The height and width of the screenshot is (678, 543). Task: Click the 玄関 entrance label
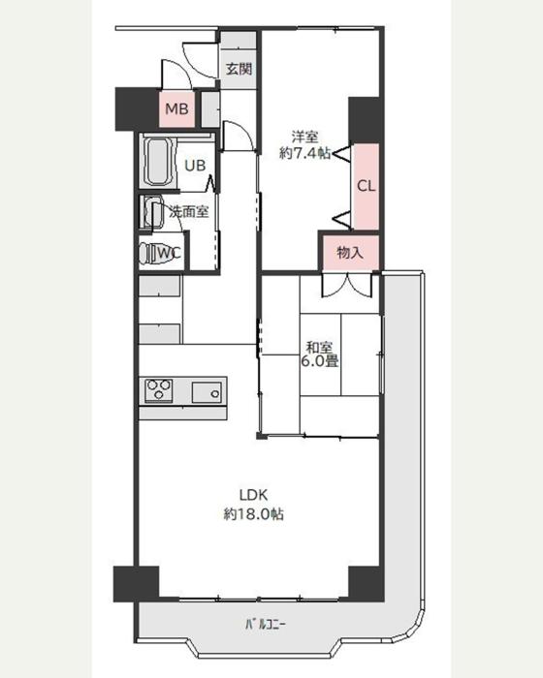point(239,69)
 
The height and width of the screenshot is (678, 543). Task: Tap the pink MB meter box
point(176,108)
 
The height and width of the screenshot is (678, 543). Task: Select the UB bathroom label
point(195,166)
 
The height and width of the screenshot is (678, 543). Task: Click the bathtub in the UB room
point(159,162)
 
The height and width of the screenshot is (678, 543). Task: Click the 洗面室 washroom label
point(189,211)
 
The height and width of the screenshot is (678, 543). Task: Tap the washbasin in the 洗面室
point(151,212)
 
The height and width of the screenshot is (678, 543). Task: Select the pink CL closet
point(366,186)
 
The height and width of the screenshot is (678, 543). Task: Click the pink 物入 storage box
point(350,253)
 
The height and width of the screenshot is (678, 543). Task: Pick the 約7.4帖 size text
point(304,153)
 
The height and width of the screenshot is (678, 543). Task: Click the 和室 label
point(320,347)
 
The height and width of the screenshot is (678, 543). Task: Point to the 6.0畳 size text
point(320,360)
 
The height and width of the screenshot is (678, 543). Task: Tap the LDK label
point(253,495)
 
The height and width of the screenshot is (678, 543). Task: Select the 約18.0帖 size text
point(253,514)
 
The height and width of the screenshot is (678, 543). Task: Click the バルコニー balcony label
point(265,625)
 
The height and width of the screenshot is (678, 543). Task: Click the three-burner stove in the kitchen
point(159,390)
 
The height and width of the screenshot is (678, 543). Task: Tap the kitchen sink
point(207,392)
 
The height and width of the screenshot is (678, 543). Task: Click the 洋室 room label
point(304,138)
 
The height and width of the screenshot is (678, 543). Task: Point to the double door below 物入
point(347,285)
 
